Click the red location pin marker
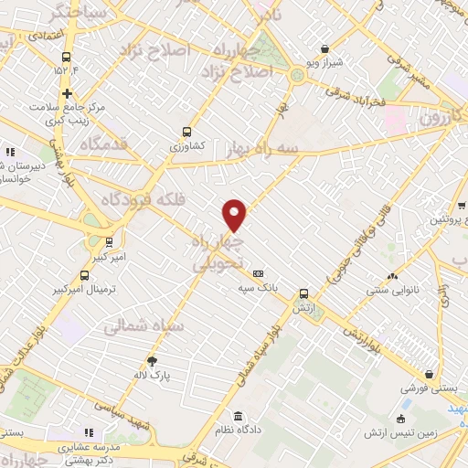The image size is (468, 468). [x=235, y=215]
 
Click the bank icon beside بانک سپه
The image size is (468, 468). [x=258, y=272]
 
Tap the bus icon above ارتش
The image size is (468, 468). [x=304, y=293]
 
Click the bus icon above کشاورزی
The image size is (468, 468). [x=187, y=131]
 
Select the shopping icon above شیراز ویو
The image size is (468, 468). [x=325, y=48]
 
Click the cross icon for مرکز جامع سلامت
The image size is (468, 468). [x=67, y=93]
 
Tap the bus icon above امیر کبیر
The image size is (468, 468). [x=109, y=242]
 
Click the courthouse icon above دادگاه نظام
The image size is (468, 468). [x=237, y=415]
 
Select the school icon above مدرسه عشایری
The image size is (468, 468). [x=89, y=432]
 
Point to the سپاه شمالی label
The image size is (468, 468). [x=144, y=324]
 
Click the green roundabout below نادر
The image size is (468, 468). [x=298, y=76]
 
